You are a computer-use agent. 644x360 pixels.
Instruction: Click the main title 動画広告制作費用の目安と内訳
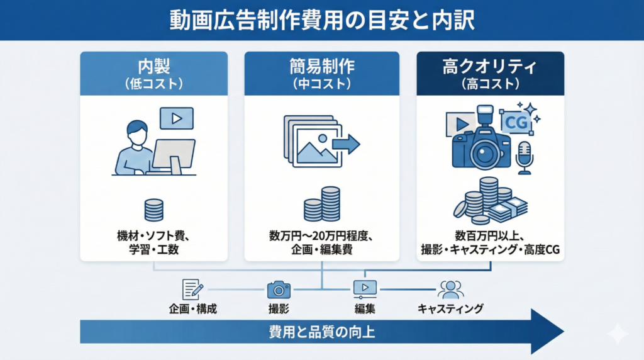[321, 20]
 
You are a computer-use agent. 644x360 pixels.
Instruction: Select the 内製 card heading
[153, 67]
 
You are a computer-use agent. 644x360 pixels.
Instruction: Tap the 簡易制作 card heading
[321, 67]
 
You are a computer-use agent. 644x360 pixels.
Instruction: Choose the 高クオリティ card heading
[490, 67]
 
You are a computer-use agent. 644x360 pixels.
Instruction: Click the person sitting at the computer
[136, 149]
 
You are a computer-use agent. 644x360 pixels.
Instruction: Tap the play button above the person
[177, 118]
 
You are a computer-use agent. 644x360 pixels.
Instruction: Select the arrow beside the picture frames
[345, 144]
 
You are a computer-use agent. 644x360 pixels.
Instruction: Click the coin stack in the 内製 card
[153, 210]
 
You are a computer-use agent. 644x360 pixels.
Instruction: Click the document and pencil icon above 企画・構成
[192, 289]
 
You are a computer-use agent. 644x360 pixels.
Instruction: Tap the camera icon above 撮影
[279, 289]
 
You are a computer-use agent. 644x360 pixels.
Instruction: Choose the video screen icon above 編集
[365, 289]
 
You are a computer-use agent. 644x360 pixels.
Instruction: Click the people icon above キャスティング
[450, 289]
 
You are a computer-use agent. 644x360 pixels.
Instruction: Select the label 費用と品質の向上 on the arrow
[321, 332]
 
